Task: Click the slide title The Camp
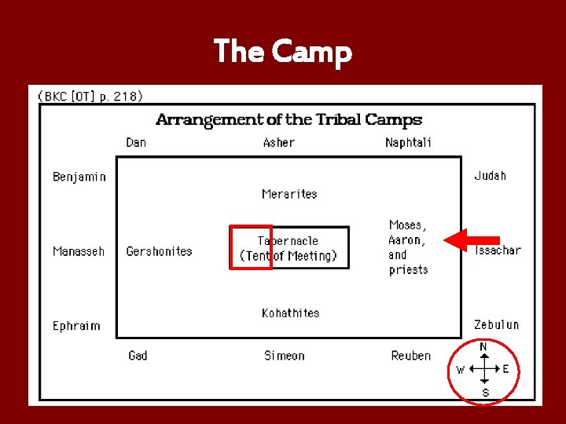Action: [x=283, y=52]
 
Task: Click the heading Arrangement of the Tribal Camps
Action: [x=289, y=120]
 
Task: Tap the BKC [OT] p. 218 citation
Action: [x=90, y=97]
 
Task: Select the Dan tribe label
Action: [x=136, y=143]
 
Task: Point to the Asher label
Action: [x=278, y=143]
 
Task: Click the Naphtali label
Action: [x=408, y=143]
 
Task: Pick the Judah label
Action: [x=490, y=176]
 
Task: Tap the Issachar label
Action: [x=497, y=250]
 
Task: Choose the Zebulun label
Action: [x=496, y=324]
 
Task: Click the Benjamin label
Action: [x=79, y=177]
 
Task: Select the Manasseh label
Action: [x=79, y=251]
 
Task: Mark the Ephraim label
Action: [x=76, y=326]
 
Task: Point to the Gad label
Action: [x=138, y=356]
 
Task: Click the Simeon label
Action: [x=284, y=356]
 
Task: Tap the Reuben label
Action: [x=410, y=356]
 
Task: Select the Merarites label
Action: [x=289, y=194]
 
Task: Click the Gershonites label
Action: [x=159, y=251]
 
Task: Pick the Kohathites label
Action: [x=290, y=313]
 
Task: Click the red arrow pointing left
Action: [x=472, y=240]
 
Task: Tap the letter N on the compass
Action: [x=483, y=347]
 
